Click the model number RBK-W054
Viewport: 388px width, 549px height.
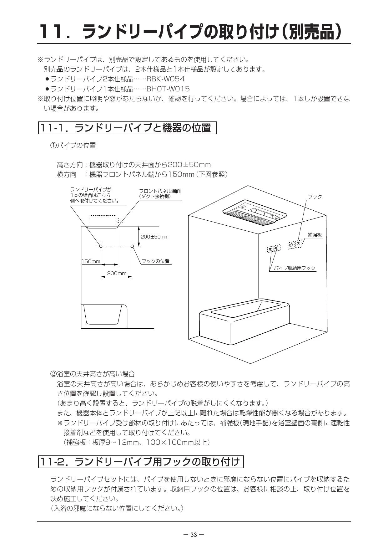165,79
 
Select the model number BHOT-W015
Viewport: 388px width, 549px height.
168,89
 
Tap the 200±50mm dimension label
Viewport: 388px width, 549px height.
154,237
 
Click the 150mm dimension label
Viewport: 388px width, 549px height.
91,261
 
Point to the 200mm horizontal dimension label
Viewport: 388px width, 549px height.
117,273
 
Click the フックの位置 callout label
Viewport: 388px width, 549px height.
155,261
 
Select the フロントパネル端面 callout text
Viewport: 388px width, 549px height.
160,191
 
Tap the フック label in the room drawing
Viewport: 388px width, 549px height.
315,197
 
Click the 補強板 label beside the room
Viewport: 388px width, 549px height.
315,235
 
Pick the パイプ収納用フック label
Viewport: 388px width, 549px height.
295,268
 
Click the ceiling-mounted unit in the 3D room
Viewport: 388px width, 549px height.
255,211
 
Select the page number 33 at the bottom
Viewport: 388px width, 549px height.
194,535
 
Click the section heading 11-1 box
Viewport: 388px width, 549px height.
128,128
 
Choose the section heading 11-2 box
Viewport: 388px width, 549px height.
141,462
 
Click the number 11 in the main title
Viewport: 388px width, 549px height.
51,32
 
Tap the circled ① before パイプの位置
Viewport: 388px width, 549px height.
53,145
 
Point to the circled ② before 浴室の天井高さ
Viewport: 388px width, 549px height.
53,374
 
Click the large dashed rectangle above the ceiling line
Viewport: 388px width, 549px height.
103,221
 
